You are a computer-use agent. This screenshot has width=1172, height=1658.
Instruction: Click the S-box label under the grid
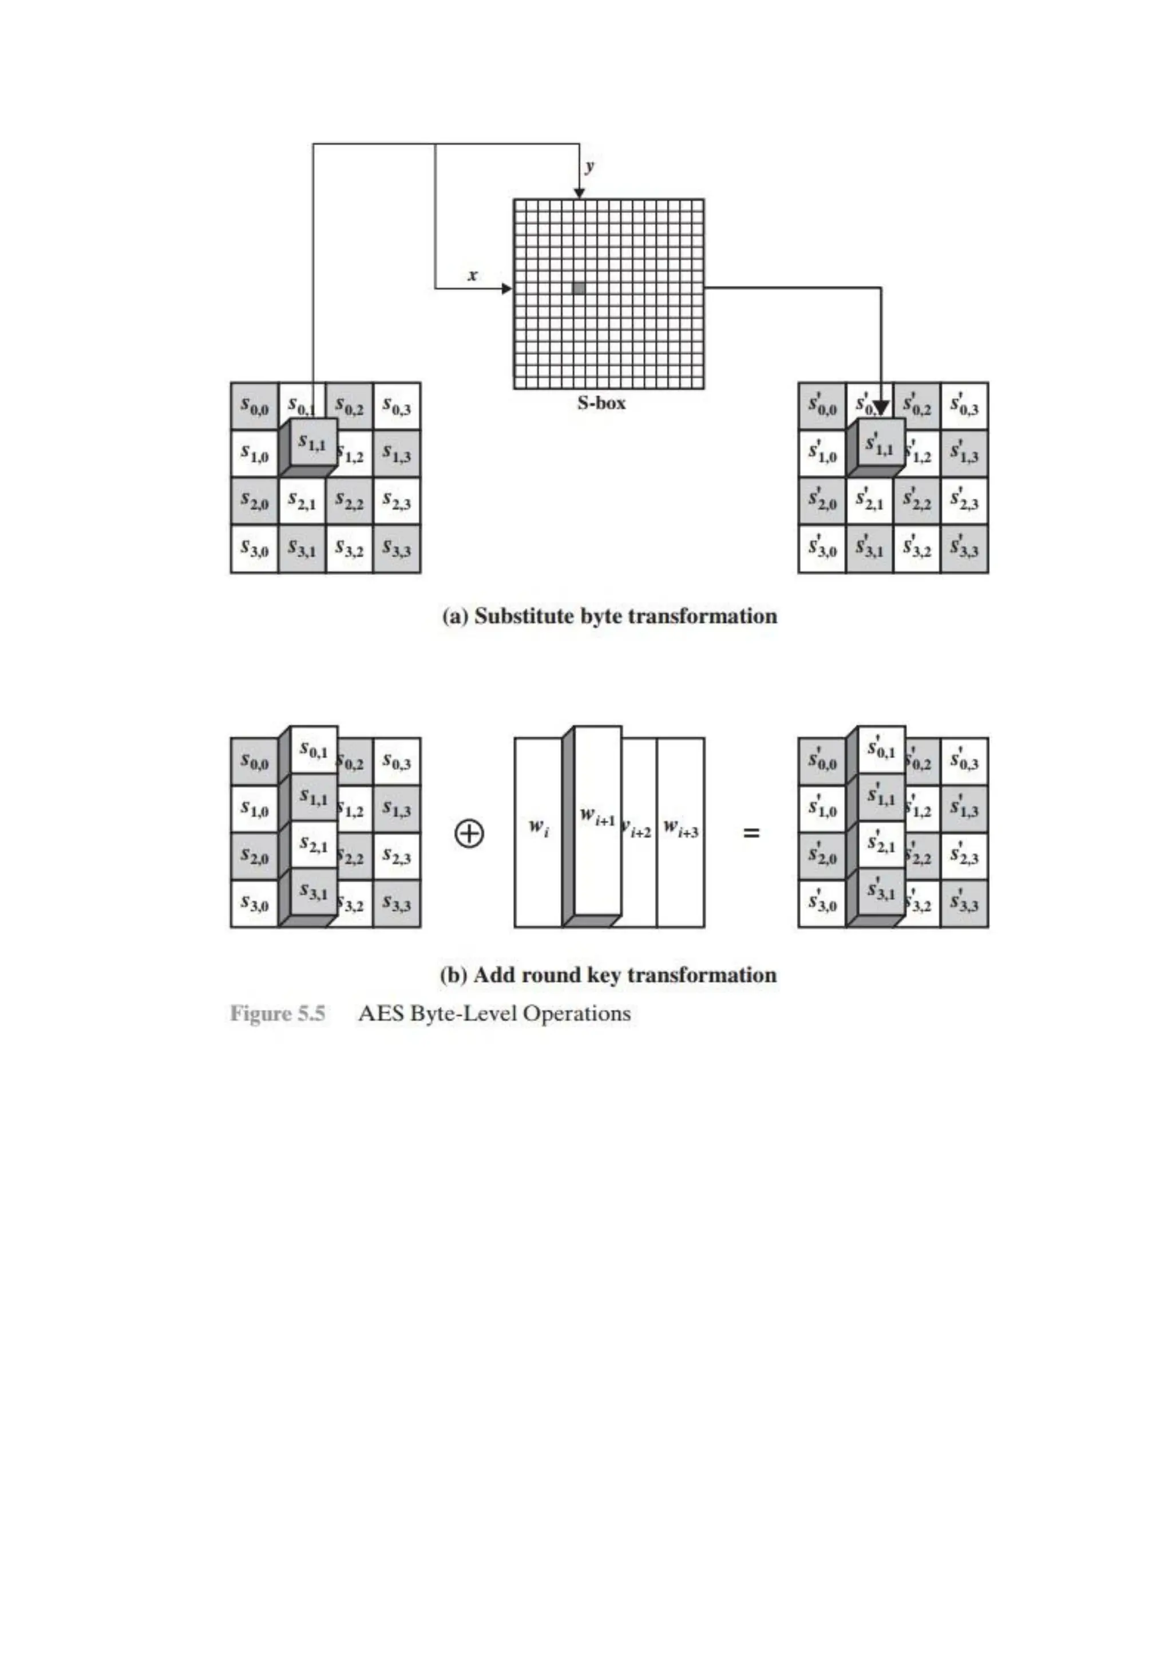pos(601,403)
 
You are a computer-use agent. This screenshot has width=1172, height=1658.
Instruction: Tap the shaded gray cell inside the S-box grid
pos(579,288)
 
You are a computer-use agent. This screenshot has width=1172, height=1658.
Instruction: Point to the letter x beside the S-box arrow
pos(473,275)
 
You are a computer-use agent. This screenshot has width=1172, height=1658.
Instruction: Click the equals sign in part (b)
pos(751,834)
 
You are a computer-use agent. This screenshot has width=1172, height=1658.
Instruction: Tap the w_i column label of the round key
pos(539,827)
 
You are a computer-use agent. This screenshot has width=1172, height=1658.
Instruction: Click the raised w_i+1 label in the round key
pos(597,818)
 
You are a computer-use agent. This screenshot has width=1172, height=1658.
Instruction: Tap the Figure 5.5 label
pos(278,1013)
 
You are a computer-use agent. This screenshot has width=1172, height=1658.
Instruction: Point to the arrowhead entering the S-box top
pos(579,192)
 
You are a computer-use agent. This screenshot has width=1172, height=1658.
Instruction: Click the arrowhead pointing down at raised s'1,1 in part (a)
pos(881,409)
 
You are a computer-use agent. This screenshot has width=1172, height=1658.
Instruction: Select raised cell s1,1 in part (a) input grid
pos(312,443)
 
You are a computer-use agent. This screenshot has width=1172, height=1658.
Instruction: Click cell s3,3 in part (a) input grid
pos(396,550)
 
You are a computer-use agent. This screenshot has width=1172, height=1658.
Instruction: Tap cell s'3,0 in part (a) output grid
pos(822,550)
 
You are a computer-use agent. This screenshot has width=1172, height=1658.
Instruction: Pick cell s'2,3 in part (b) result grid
pos(964,857)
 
